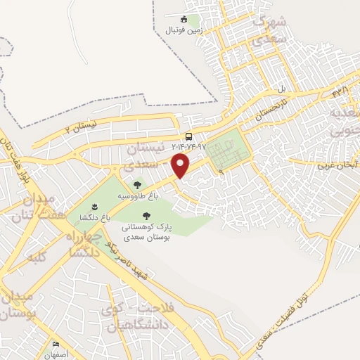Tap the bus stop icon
[x=188, y=136]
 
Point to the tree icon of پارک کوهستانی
[x=146, y=217]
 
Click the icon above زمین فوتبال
[x=184, y=20]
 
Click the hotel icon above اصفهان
[x=55, y=344]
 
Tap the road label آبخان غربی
[x=338, y=165]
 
